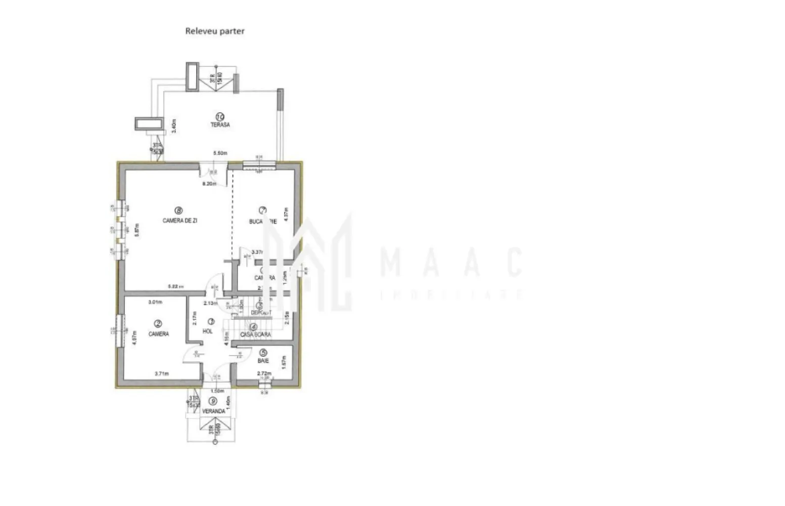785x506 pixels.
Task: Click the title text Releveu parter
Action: click(215, 31)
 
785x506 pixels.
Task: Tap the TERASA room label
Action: click(220, 124)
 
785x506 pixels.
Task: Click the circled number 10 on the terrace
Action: click(220, 116)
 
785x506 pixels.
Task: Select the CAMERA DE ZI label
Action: click(179, 221)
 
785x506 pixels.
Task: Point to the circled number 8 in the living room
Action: click(178, 210)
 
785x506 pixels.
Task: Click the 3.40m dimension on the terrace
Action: click(173, 125)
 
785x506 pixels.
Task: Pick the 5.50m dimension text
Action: click(220, 153)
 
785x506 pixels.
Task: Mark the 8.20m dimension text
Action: click(209, 184)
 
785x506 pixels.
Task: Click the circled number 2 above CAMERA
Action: click(158, 324)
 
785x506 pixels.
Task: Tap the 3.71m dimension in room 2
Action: click(161, 374)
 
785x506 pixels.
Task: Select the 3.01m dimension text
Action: click(155, 302)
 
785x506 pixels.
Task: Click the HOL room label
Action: click(207, 331)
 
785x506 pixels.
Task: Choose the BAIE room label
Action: click(263, 361)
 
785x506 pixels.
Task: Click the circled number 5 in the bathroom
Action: click(263, 352)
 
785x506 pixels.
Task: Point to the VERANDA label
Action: click(213, 411)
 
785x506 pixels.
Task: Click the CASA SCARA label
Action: click(255, 334)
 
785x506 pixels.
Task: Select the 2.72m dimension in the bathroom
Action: click(264, 374)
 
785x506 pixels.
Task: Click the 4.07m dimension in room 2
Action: click(134, 338)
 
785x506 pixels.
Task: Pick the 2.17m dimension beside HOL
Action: click(194, 317)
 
